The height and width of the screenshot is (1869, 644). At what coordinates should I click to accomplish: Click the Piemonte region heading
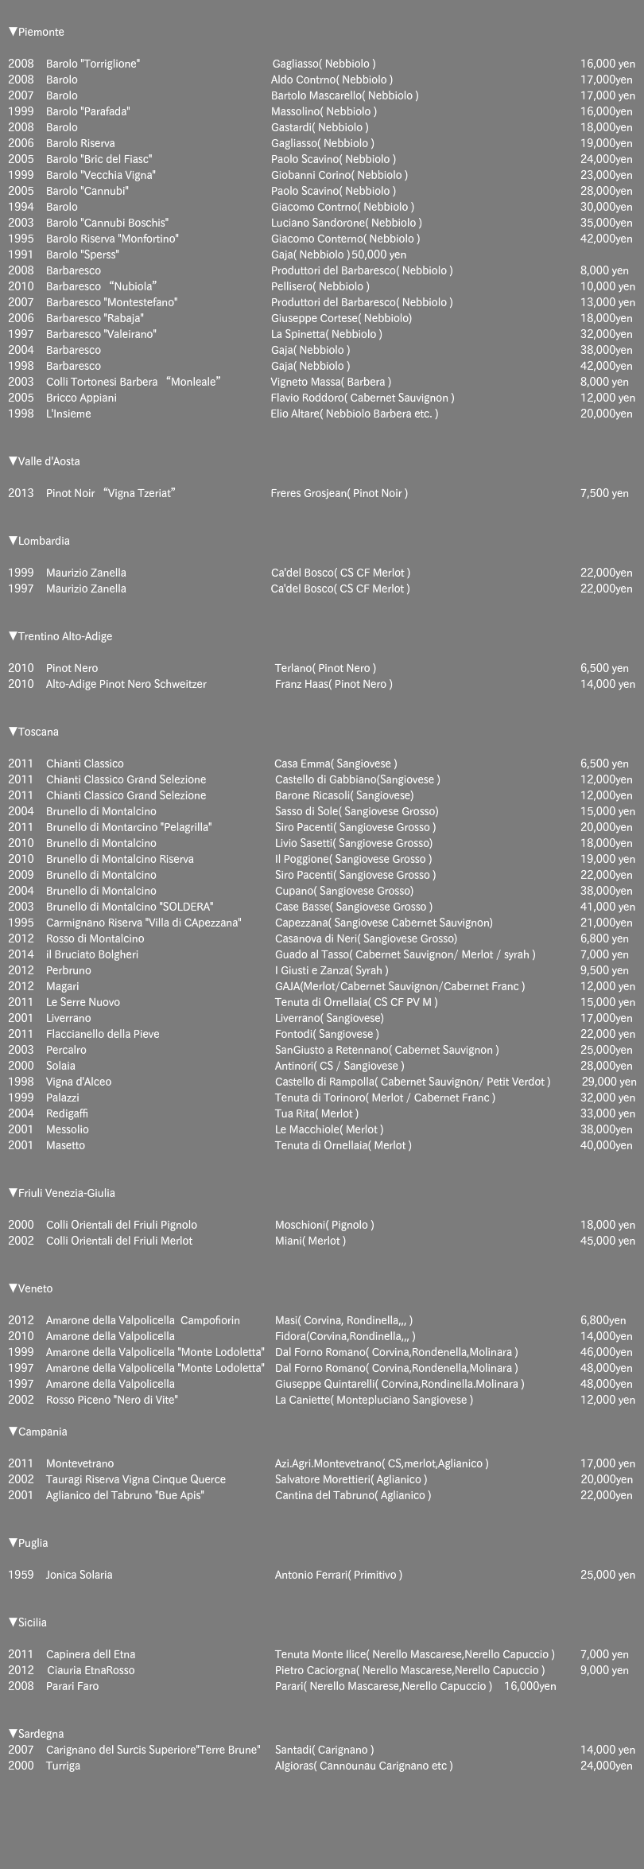[37, 33]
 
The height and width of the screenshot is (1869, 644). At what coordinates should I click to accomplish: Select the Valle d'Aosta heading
[45, 461]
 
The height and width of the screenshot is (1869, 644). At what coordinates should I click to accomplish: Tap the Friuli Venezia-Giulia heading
[62, 1193]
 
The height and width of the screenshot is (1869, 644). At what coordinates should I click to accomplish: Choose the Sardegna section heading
[37, 1734]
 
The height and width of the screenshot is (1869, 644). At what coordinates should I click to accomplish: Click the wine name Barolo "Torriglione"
[94, 64]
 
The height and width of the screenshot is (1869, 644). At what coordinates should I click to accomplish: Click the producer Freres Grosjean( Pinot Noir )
[339, 493]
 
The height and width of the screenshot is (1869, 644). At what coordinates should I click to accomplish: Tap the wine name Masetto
[65, 1145]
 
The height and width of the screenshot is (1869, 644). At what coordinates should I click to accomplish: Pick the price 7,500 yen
[604, 493]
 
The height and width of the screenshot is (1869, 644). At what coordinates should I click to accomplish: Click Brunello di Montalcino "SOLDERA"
[130, 907]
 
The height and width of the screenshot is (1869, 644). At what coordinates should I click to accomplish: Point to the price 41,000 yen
[607, 907]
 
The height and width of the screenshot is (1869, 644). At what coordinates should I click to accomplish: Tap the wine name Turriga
[63, 1766]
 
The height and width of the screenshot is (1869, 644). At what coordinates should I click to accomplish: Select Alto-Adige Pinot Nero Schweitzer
[126, 684]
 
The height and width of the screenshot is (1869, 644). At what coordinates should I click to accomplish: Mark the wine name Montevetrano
[80, 1463]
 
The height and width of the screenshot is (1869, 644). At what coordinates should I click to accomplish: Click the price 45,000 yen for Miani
[607, 1241]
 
